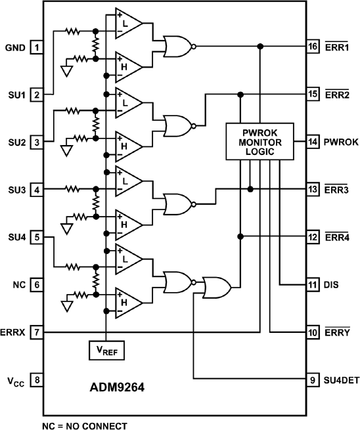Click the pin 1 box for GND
(37, 48)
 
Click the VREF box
(105, 351)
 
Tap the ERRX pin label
(12, 333)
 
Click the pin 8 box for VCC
(37, 379)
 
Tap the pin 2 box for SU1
(37, 95)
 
